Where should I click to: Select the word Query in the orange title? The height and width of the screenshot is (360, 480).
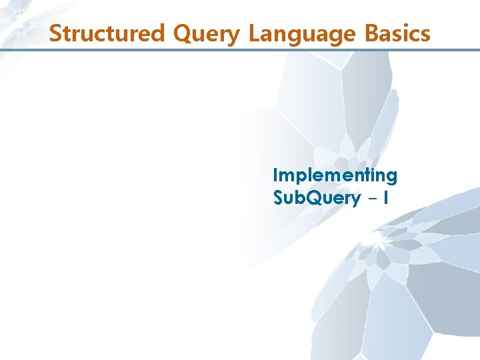(x=207, y=33)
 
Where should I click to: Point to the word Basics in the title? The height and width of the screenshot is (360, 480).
(x=397, y=33)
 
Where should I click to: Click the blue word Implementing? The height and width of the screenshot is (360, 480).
(x=335, y=176)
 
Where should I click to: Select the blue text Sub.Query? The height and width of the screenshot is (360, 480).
(x=317, y=198)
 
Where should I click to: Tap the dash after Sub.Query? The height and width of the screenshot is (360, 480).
(x=372, y=199)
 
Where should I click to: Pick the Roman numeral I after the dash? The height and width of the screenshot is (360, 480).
(x=386, y=198)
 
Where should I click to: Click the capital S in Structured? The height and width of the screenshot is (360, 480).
(x=55, y=33)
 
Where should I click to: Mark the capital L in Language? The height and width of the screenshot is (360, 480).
(x=254, y=33)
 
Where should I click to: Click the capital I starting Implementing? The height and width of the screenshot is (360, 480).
(x=275, y=175)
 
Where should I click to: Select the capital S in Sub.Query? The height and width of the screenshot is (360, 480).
(x=278, y=198)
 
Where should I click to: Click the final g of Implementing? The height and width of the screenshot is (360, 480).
(x=392, y=177)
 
